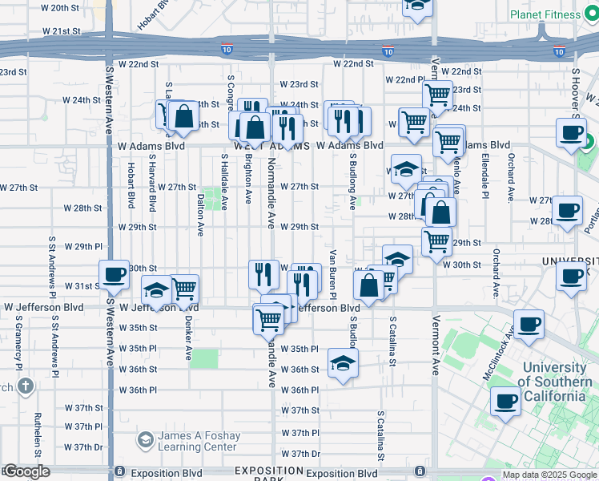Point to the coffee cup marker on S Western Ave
tap(114, 275)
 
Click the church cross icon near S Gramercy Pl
tap(26, 387)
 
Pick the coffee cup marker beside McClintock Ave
tap(529, 325)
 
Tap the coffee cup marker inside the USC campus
tap(505, 400)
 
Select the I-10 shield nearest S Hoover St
tap(559, 52)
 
